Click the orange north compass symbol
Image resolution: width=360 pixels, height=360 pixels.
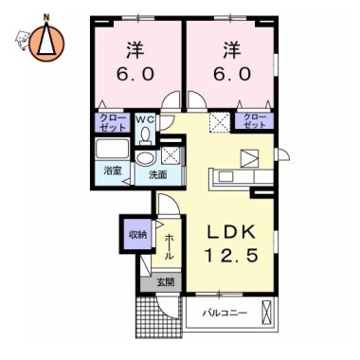[46, 42]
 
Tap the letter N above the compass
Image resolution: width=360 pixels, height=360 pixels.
[46, 17]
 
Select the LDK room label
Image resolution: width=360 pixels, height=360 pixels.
[231, 232]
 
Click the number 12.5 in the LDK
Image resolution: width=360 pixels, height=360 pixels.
[231, 255]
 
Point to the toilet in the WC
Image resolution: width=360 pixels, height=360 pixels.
[145, 136]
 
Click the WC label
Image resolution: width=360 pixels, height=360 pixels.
[145, 119]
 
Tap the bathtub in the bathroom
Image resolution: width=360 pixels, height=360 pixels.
[113, 149]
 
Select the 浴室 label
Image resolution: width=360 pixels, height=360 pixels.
[113, 171]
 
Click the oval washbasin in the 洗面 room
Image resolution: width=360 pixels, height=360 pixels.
[145, 157]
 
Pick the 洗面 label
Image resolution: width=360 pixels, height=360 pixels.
[158, 174]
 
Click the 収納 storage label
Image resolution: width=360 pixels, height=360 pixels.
[137, 234]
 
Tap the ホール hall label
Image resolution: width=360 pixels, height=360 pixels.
[170, 247]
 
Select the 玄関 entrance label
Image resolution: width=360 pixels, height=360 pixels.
[166, 282]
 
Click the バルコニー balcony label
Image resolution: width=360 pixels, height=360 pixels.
[225, 314]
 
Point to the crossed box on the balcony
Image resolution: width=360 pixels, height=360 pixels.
[267, 312]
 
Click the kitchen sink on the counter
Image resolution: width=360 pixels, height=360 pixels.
[226, 176]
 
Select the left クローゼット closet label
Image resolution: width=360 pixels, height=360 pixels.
[113, 122]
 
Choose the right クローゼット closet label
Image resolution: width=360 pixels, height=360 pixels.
[255, 120]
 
